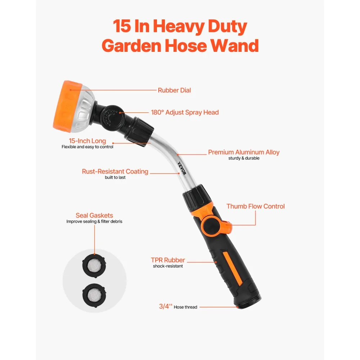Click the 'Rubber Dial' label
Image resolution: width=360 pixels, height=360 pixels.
click(174, 90)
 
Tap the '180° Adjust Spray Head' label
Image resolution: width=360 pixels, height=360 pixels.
click(185, 112)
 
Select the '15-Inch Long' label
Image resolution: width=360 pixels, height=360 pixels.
click(87, 141)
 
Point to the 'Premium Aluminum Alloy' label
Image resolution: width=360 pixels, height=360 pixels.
click(244, 152)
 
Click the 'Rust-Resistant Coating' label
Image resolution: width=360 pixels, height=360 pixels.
click(115, 171)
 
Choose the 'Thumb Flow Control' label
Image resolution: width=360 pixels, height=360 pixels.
click(256, 206)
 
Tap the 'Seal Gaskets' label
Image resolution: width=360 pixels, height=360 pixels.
click(94, 215)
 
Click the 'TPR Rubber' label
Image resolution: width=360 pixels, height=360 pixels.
click(168, 260)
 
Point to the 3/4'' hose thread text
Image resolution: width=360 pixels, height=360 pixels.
click(178, 306)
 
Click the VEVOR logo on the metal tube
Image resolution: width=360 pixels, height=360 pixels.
click(182, 168)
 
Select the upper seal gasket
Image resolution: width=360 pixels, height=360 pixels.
click(94, 265)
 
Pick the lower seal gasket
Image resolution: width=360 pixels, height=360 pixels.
click(94, 295)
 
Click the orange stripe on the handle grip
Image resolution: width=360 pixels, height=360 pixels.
click(232, 269)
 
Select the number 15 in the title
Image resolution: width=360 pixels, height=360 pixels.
click(122, 26)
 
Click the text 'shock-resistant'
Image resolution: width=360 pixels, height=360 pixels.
click(168, 266)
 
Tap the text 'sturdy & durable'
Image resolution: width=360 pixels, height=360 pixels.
click(244, 158)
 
